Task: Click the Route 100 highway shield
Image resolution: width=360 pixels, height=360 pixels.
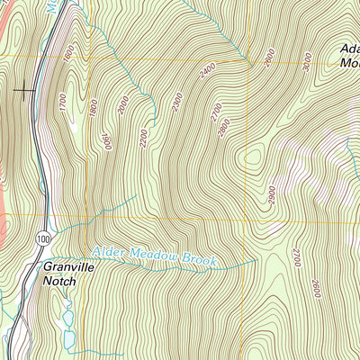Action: point(42,238)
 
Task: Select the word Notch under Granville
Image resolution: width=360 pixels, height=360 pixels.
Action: point(59,281)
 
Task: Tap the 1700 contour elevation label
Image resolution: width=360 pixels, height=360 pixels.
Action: point(63,103)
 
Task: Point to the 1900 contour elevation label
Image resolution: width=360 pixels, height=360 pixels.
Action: point(106,140)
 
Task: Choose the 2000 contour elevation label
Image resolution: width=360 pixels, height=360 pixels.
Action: point(123,106)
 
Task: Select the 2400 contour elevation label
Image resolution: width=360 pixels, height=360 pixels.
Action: point(209,68)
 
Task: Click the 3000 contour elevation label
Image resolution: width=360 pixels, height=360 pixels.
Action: point(307,61)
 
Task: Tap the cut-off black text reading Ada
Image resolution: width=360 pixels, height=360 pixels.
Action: point(349,49)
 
